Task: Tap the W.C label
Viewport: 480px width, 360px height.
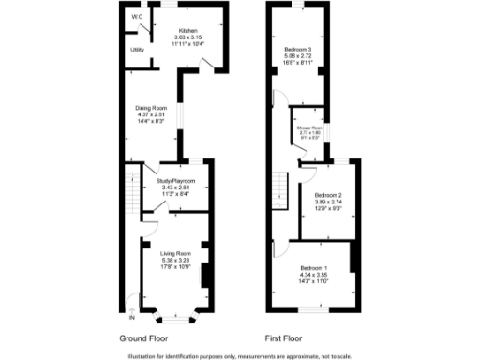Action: coord(137,16)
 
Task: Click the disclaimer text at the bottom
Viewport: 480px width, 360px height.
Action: coord(239,355)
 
